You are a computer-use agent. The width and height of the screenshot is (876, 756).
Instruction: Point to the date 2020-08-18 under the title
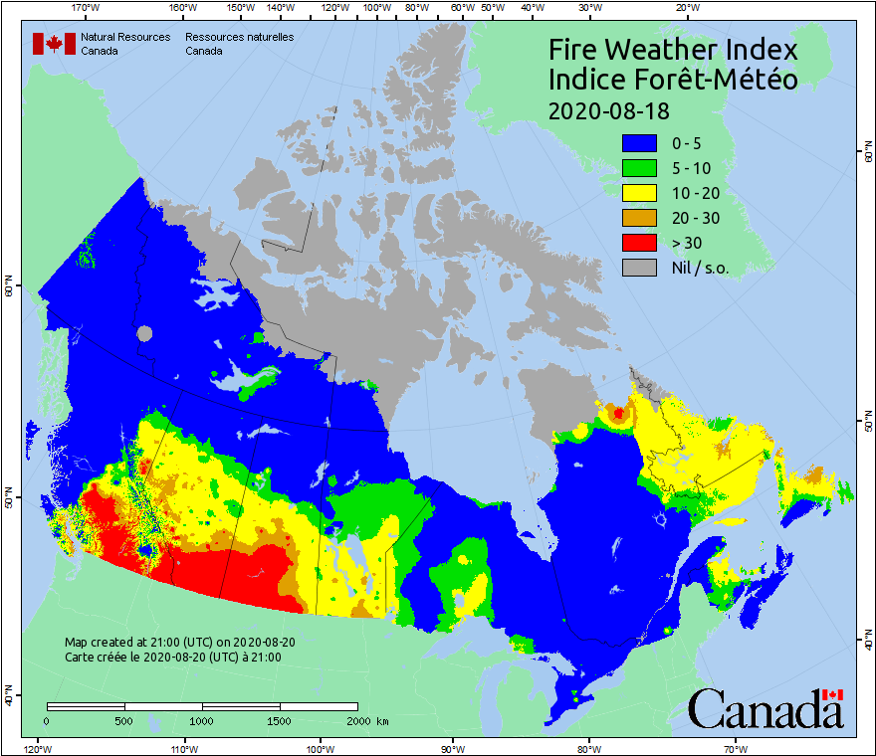pyautogui.click(x=608, y=109)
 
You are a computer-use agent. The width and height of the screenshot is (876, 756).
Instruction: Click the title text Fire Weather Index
pyautogui.click(x=673, y=50)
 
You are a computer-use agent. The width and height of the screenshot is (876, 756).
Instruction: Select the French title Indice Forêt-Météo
pyautogui.click(x=673, y=80)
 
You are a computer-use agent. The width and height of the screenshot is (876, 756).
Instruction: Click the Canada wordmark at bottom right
pyautogui.click(x=765, y=709)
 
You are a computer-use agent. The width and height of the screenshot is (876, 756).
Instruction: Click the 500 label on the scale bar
pyautogui.click(x=124, y=720)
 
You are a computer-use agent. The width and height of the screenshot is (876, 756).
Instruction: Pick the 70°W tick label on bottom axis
pyautogui.click(x=735, y=747)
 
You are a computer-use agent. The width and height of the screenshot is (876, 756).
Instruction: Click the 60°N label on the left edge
pyautogui.click(x=8, y=288)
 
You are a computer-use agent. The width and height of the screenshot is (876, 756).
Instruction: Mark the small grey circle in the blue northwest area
pyautogui.click(x=145, y=333)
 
